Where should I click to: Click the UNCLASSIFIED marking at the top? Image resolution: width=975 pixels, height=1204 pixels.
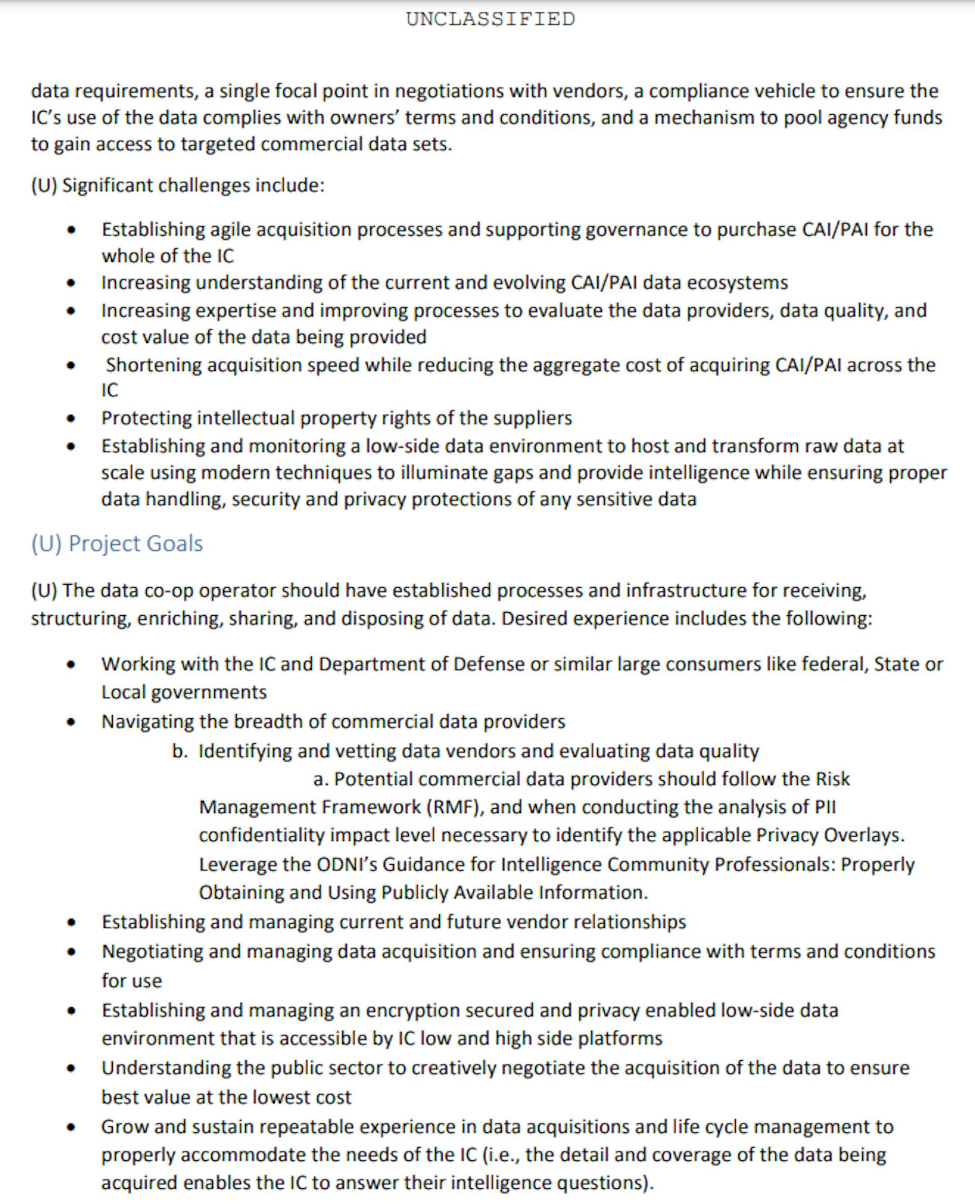coord(491,20)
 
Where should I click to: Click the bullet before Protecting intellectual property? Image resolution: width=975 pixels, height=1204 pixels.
coord(71,419)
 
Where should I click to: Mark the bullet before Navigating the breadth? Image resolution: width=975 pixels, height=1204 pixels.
coord(71,722)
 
